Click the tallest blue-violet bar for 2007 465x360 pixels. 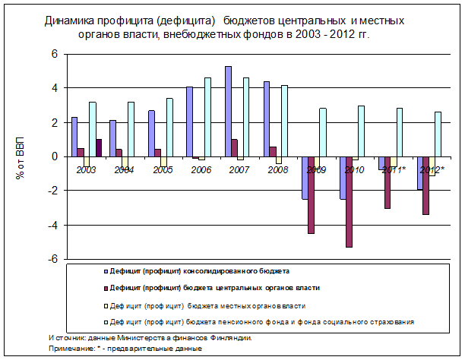click(x=229, y=112)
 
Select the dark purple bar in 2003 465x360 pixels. click(x=99, y=148)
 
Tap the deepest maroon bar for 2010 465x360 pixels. click(x=349, y=202)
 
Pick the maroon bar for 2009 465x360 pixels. click(x=311, y=195)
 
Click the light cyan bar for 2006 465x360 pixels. click(x=207, y=117)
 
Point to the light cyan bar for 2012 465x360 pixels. click(x=438, y=134)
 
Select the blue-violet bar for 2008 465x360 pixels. click(x=267, y=119)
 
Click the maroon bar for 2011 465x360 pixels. click(x=387, y=182)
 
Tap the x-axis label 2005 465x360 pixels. click(x=163, y=170)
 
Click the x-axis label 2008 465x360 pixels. click(x=277, y=170)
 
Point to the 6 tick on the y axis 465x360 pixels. click(x=55, y=54)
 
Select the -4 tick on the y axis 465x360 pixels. click(x=52, y=226)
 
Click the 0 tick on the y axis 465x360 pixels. click(x=55, y=156)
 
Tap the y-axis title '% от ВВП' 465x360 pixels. click(x=21, y=158)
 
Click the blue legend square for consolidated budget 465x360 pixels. click(x=106, y=271)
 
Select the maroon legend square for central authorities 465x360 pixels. click(x=106, y=289)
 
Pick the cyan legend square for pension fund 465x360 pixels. click(x=106, y=322)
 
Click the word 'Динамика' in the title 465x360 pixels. click(x=69, y=21)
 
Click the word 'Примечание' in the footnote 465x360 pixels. click(x=71, y=349)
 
